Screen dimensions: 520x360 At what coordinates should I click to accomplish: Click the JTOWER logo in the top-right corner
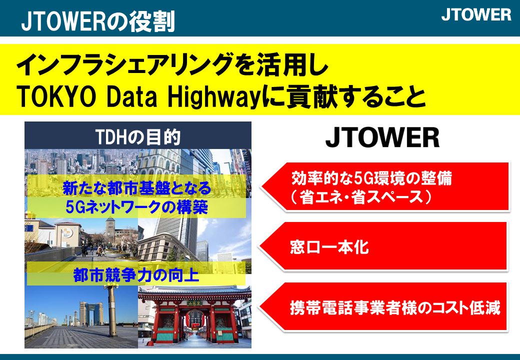(476, 15)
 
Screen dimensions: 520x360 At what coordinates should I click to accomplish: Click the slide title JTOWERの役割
(98, 21)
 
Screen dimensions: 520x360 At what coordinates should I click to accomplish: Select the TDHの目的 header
(138, 136)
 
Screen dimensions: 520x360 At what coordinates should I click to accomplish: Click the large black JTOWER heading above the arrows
(382, 137)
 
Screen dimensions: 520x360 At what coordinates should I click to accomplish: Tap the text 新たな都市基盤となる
(137, 188)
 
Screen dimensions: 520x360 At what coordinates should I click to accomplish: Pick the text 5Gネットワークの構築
(136, 207)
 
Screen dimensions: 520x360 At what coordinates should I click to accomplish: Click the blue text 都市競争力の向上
(136, 275)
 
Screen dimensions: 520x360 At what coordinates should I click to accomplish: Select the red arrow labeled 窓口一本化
(383, 246)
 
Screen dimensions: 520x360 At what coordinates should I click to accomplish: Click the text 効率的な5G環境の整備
(372, 178)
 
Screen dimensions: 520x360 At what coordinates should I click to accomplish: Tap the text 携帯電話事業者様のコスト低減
(395, 307)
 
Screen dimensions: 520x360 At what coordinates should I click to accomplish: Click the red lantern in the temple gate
(193, 319)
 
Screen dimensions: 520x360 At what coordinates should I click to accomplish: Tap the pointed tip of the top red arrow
(260, 186)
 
